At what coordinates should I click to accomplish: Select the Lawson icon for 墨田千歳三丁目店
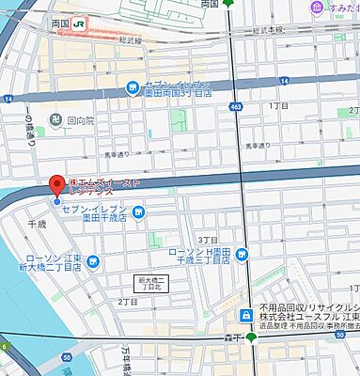click(x=242, y=252)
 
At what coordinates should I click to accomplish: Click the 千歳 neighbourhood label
click(x=38, y=225)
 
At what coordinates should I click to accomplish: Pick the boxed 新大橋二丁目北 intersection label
click(x=150, y=282)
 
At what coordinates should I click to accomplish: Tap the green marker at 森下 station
click(x=251, y=337)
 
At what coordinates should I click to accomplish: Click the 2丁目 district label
click(x=128, y=301)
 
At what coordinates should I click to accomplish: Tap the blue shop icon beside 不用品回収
click(x=244, y=315)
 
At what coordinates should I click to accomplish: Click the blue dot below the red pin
click(x=57, y=200)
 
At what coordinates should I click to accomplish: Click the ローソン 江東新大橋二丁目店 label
click(x=52, y=263)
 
